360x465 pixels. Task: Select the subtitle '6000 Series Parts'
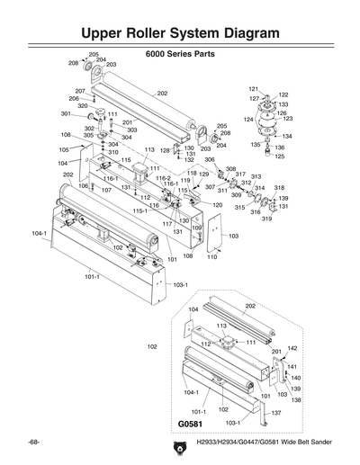179,54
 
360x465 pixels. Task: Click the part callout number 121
253,89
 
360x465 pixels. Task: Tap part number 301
66,114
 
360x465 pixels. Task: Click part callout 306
209,159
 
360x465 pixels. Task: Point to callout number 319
266,219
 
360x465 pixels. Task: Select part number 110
212,256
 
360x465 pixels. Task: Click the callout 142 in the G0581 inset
292,347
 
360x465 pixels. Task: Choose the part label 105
64,149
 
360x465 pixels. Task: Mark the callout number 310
113,152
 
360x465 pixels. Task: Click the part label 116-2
163,178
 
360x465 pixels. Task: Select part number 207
79,91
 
